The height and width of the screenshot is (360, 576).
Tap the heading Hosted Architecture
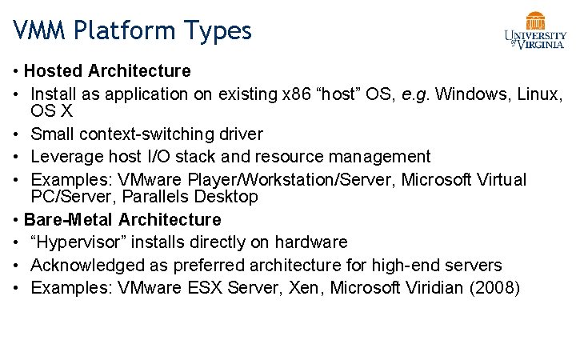[107, 71]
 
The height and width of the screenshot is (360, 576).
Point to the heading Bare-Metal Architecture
[122, 219]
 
